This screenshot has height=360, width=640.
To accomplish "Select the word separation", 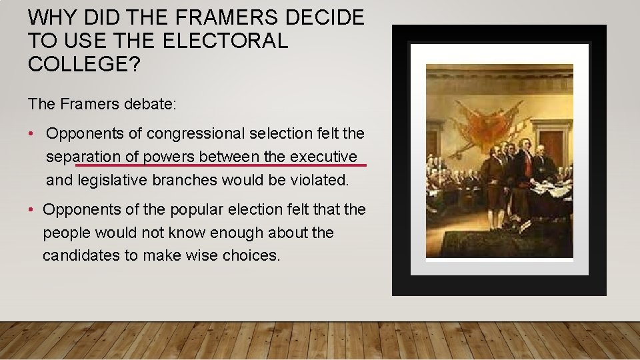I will click(83, 157).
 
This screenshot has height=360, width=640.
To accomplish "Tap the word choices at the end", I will click(253, 256).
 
